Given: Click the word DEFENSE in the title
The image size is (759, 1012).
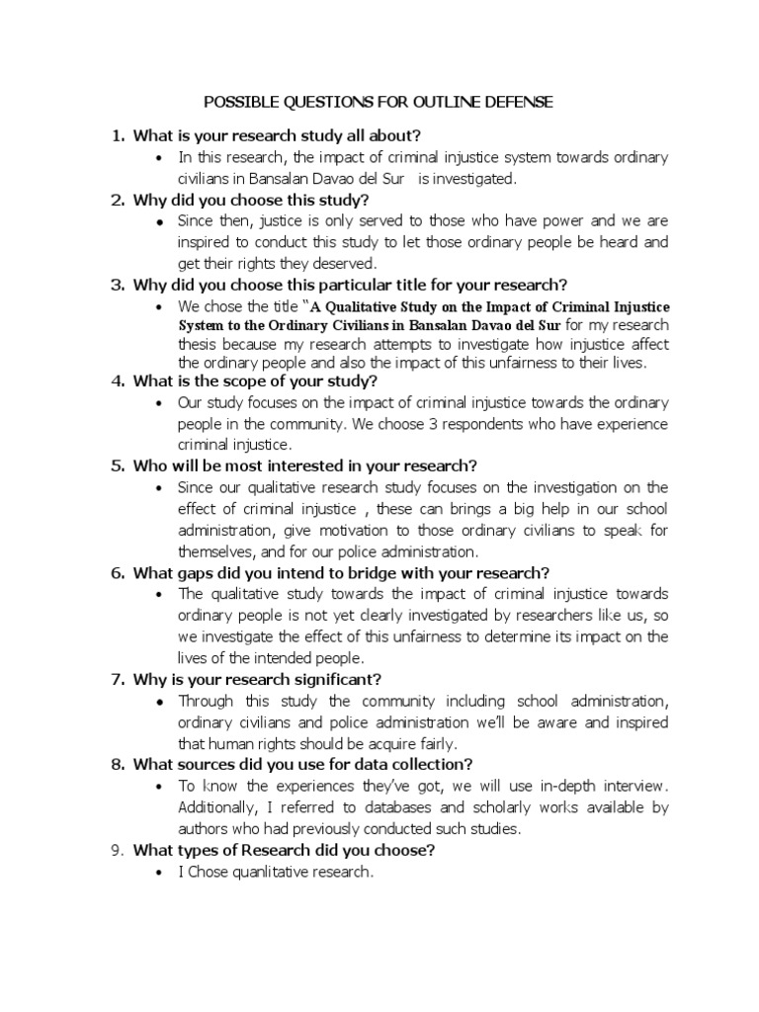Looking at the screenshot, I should tap(527, 102).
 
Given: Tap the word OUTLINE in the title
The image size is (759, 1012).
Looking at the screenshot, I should tap(450, 102).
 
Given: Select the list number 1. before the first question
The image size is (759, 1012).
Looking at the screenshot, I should tap(118, 135).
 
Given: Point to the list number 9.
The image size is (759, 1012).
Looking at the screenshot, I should tap(118, 850).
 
